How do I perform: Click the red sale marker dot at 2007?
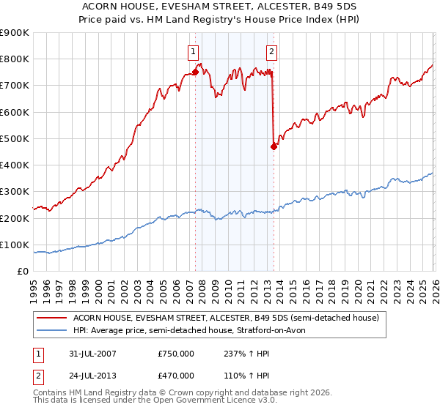pos(195,72)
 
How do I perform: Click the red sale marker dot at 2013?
pos(274,146)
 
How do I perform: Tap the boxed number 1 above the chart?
pos(192,51)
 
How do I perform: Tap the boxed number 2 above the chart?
pos(271,51)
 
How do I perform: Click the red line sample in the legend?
pos(52,318)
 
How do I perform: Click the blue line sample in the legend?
pos(52,331)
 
